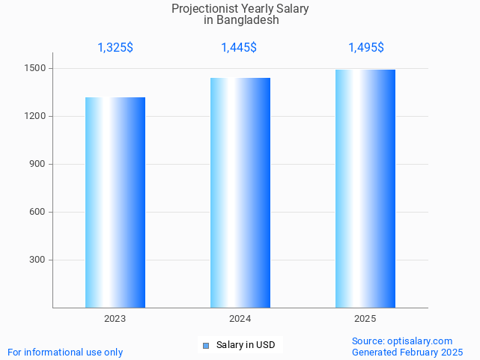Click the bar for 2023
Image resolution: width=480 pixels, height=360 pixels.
tap(115, 202)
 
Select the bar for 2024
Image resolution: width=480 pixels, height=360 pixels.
tap(240, 192)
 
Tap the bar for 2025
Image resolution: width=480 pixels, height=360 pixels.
tap(365, 189)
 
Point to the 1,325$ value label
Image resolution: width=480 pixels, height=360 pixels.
tap(115, 48)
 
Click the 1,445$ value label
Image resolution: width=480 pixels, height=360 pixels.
tap(239, 48)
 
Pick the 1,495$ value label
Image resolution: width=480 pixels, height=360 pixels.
tap(366, 48)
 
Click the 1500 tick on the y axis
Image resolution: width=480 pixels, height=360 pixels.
tap(35, 69)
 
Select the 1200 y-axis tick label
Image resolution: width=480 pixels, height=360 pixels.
tap(35, 117)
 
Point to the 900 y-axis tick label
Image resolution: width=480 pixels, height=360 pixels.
tap(37, 165)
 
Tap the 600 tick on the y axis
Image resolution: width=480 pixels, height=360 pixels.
tap(37, 213)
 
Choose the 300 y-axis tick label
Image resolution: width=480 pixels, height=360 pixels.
tap(37, 260)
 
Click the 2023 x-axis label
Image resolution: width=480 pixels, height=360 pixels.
tap(115, 319)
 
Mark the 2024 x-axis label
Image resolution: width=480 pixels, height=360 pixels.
tap(240, 319)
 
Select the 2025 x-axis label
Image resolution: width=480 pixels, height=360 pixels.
tap(365, 319)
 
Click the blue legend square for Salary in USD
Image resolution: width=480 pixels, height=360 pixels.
tap(206, 345)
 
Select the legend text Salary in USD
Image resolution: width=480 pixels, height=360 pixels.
tap(246, 345)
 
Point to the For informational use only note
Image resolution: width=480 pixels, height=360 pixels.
tap(65, 352)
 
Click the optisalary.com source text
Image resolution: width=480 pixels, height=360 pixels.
tap(419, 341)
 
